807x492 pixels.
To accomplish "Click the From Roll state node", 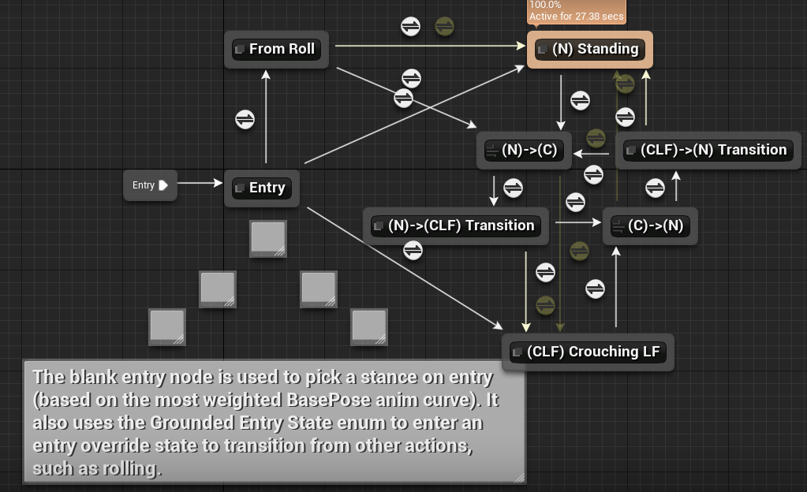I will tap(275, 49).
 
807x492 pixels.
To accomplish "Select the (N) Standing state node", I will tap(589, 49).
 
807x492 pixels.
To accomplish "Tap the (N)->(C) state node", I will tap(524, 150).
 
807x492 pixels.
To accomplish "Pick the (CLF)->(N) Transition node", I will tap(708, 150).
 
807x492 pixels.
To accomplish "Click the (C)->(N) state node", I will tap(650, 225).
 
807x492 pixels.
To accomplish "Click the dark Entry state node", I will tap(262, 188).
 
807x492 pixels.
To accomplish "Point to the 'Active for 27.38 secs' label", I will tap(576, 16).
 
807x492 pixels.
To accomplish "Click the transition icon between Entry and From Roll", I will tap(245, 119).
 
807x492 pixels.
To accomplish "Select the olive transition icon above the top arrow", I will tap(445, 27).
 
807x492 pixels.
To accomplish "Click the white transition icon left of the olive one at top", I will tap(411, 27).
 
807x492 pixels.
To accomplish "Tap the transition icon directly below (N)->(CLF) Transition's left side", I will tap(413, 251).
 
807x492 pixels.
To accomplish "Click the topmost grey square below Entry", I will tap(268, 238).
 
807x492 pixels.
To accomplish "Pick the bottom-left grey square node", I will tap(167, 326).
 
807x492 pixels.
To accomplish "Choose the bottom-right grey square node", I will tap(369, 326).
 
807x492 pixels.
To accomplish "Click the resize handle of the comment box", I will tap(518, 476).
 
